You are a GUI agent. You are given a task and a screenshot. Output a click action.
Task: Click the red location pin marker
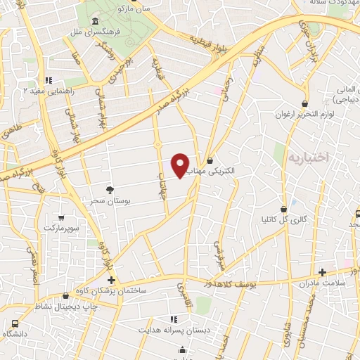(x=181, y=165)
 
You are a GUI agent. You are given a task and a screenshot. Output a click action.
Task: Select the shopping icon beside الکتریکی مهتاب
(x=210, y=160)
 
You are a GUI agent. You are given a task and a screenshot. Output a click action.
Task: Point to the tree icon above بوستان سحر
(x=109, y=190)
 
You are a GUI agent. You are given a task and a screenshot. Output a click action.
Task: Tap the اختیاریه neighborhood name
(x=308, y=158)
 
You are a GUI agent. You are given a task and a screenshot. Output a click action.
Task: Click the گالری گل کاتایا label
(x=284, y=219)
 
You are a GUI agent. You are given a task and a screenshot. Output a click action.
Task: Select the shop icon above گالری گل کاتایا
(x=284, y=209)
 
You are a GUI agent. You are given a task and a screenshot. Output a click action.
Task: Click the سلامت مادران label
(x=323, y=283)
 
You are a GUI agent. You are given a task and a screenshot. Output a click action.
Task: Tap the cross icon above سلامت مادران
(x=323, y=272)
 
